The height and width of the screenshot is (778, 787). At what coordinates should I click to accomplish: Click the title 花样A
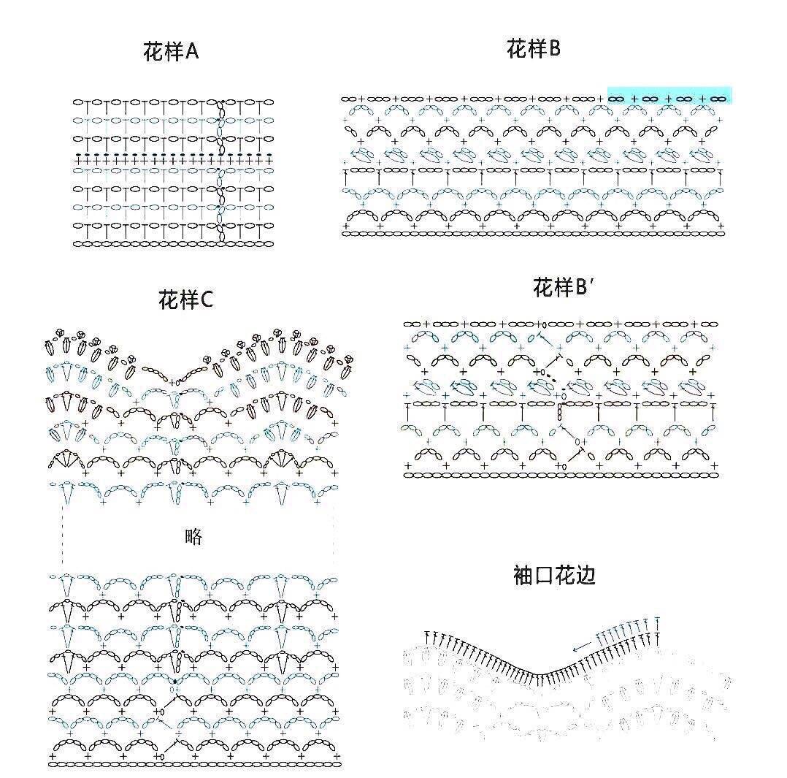point(171,51)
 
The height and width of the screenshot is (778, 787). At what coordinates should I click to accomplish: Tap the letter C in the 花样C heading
point(207,300)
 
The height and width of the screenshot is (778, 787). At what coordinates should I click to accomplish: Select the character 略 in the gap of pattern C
point(193,537)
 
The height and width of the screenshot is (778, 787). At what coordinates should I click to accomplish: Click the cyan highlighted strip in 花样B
point(669,95)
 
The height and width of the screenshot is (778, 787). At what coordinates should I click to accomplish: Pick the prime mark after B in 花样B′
point(592,282)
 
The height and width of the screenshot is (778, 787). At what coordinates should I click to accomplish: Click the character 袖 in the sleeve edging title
point(523,575)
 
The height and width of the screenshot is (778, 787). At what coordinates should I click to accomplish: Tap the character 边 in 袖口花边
point(586,575)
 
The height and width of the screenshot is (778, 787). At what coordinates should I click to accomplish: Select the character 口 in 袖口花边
point(544,576)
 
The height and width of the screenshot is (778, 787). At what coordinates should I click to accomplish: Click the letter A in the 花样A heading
point(192,51)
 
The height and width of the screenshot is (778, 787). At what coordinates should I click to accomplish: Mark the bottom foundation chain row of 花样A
point(173,244)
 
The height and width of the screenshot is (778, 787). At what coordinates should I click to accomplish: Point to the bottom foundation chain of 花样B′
point(561,475)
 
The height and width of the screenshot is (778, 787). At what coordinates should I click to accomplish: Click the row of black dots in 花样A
point(173,155)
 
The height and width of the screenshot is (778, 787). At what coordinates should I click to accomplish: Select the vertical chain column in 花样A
point(220,171)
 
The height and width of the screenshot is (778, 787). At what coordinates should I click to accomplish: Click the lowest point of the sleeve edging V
point(538,675)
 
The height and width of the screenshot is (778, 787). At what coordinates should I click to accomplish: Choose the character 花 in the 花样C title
point(169,300)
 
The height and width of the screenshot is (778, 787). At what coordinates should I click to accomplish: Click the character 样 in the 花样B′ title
point(564,287)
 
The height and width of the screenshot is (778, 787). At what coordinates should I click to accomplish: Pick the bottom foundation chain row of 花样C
point(195,764)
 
